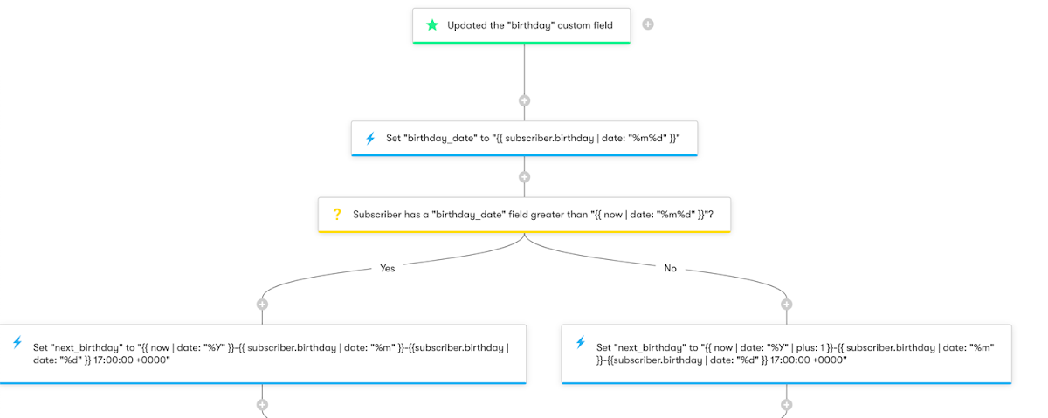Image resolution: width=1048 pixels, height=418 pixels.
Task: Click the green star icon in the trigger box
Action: [431, 25]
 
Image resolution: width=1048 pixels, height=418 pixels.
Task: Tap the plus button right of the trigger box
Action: [648, 24]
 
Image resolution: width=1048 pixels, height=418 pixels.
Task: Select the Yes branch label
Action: [388, 269]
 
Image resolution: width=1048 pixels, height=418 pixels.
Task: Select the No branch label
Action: [671, 269]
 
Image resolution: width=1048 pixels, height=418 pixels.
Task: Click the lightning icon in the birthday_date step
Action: [369, 138]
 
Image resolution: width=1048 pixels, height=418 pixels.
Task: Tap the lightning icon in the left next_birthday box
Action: [17, 342]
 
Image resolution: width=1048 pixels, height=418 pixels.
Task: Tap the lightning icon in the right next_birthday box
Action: [580, 342]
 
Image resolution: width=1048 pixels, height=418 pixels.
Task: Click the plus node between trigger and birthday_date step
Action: [524, 100]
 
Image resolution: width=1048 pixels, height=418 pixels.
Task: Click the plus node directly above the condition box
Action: [524, 177]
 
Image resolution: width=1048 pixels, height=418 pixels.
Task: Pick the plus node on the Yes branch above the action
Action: [262, 305]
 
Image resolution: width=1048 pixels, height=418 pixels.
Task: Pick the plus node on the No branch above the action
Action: [786, 305]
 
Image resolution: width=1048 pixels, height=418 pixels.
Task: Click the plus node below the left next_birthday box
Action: [262, 405]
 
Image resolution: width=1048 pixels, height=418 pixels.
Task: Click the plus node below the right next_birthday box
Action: [786, 405]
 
